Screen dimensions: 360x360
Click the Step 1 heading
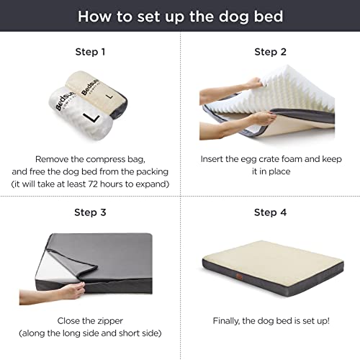tap(90, 52)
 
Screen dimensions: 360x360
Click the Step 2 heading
tap(270, 52)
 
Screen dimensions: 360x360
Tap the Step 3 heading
tap(90, 212)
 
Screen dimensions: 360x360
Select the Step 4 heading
tap(270, 212)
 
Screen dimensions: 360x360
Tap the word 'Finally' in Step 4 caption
tap(230, 319)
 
